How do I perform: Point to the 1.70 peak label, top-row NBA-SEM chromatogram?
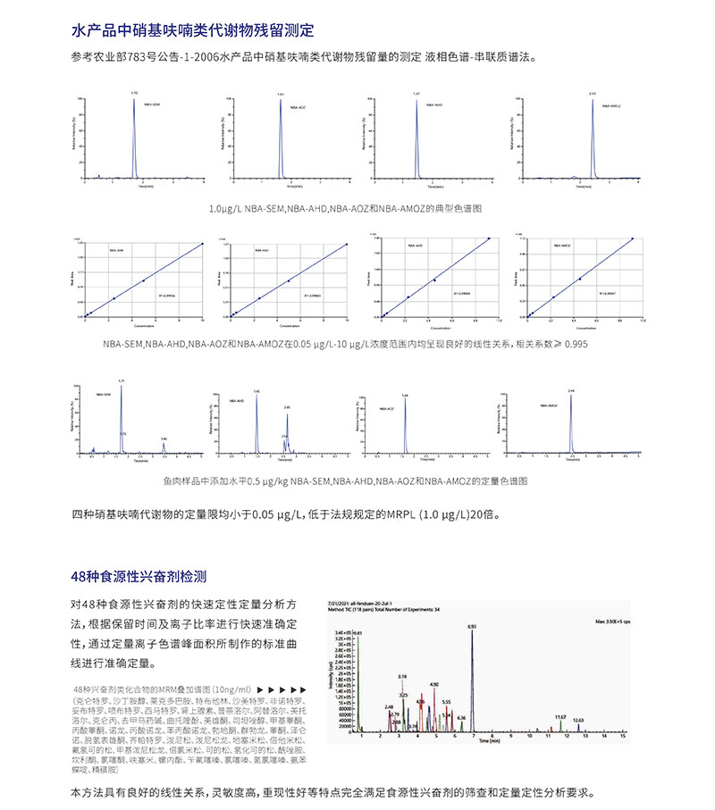click(134, 92)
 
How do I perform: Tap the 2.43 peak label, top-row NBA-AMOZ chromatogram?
click(593, 92)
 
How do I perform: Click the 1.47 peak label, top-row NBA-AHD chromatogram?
click(416, 93)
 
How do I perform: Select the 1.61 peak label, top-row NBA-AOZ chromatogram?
click(280, 94)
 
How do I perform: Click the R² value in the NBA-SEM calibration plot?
click(165, 294)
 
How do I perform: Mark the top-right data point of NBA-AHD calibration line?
click(490, 238)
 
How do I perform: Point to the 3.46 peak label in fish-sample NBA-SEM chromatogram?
click(164, 438)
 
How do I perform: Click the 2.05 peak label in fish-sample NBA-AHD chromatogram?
click(287, 407)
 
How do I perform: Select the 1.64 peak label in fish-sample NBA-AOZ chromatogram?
click(404, 395)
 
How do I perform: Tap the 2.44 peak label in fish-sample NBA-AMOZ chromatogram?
click(571, 390)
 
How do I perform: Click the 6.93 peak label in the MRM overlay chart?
click(471, 626)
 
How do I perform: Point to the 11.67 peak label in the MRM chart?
click(560, 716)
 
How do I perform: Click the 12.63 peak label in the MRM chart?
click(578, 720)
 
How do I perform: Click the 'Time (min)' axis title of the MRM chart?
click(488, 741)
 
